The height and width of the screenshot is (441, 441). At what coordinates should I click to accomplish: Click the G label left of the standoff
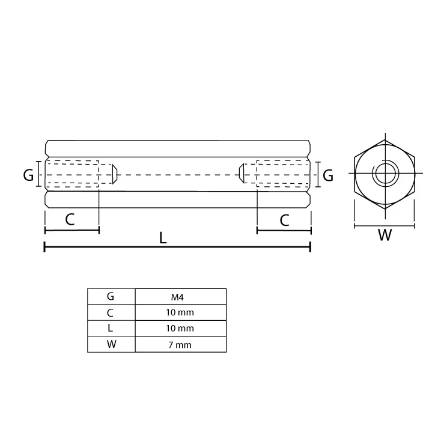point(28,175)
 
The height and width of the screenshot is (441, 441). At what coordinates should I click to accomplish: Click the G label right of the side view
point(328,175)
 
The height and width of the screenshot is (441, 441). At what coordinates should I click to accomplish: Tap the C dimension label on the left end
point(70,219)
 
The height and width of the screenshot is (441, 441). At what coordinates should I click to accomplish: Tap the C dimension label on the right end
point(285,220)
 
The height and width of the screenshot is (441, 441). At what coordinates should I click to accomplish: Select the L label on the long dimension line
point(163,238)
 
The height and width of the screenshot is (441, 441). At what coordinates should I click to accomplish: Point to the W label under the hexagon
point(385,236)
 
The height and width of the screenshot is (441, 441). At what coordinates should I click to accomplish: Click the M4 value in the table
point(180,296)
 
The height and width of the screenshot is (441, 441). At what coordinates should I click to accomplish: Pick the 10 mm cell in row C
point(180,312)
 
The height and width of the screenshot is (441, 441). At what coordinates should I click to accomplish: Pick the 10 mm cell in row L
point(180,328)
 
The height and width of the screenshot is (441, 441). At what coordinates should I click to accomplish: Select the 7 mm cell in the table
point(180,344)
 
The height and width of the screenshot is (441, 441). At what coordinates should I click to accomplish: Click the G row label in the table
point(111,296)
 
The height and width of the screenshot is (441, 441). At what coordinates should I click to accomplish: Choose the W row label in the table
point(111,344)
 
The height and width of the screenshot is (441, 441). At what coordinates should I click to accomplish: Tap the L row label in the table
point(111,328)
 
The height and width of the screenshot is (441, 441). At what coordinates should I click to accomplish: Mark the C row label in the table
point(111,312)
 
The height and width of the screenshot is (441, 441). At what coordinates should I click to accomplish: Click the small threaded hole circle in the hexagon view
point(384,174)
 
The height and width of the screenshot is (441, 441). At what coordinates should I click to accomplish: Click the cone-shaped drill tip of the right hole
point(242,174)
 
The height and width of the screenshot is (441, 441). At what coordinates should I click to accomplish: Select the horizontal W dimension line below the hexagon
point(385,227)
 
